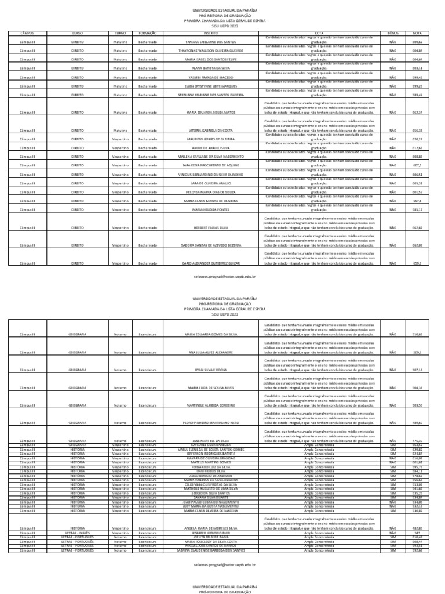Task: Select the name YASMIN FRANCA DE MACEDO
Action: point(211,77)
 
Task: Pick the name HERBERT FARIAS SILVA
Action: point(211,228)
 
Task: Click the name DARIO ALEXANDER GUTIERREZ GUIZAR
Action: point(211,263)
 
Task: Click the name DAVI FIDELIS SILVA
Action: point(211,471)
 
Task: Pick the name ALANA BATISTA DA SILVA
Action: point(211,68)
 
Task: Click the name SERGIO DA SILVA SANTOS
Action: point(211,493)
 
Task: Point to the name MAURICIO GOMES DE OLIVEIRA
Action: point(211,139)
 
